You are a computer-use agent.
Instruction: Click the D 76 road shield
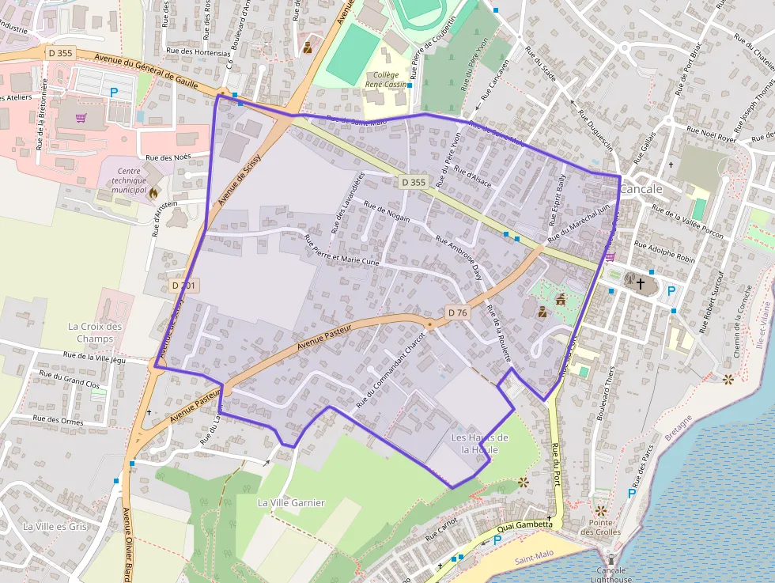[457, 312]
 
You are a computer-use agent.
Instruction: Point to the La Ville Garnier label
[291, 502]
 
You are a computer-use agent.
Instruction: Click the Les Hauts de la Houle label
[479, 443]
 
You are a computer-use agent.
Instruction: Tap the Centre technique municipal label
[129, 180]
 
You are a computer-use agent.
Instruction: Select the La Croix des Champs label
[95, 332]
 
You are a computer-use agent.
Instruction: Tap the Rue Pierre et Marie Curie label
[342, 250]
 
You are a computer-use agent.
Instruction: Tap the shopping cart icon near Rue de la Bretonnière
[81, 118]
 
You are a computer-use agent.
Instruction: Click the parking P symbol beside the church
[671, 290]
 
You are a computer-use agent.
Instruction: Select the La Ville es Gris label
[55, 526]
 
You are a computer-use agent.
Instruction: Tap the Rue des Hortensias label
[198, 51]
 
